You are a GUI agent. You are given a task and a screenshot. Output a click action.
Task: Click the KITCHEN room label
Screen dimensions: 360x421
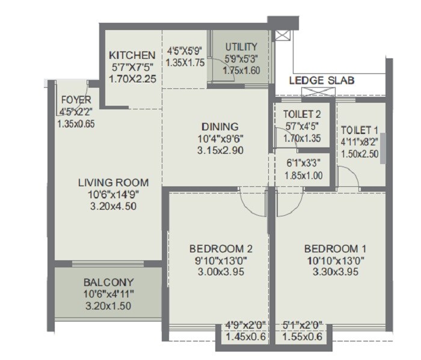pos(132,55)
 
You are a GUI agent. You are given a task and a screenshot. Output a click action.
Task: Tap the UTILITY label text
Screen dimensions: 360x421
pos(241,46)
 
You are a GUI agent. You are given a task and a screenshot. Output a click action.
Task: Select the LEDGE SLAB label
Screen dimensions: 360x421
pos(322,80)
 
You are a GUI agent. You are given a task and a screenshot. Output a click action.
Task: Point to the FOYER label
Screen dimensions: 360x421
pos(76,100)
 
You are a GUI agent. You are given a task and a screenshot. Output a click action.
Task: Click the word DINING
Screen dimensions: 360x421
pos(220,126)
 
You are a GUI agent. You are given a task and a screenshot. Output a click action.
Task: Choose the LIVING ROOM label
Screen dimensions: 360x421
pos(113,183)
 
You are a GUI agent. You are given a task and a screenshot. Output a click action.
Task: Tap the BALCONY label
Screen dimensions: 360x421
pos(108,282)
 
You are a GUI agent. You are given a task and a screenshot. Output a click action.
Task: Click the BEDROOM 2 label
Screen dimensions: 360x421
pos(220,249)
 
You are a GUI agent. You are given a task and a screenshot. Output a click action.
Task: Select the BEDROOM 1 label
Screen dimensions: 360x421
pos(335,249)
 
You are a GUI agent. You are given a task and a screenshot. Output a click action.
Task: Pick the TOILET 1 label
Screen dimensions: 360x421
pos(359,130)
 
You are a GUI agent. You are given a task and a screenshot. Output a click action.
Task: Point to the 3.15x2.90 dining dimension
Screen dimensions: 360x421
pos(220,150)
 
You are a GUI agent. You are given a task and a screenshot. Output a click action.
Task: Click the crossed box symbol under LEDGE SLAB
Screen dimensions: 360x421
pos(317,91)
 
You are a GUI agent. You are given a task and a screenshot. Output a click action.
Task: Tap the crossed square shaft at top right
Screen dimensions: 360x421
pos(280,35)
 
